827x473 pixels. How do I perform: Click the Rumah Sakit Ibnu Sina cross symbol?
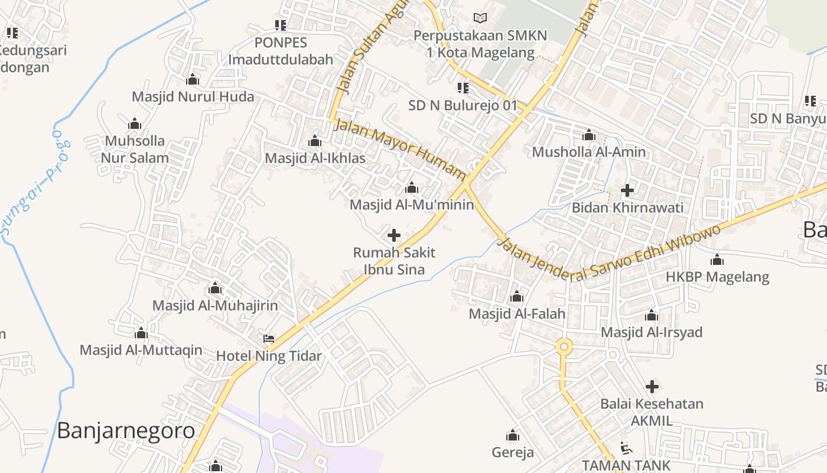pyautogui.click(x=394, y=235)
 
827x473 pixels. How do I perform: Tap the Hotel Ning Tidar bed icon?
pyautogui.click(x=269, y=339)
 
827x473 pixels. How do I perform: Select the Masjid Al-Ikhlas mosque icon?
pyautogui.click(x=315, y=141)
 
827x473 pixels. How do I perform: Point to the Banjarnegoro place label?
pyautogui.click(x=126, y=430)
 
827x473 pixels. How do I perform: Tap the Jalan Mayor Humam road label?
pyautogui.click(x=400, y=148)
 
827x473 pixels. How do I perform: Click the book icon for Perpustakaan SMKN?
pyautogui.click(x=480, y=18)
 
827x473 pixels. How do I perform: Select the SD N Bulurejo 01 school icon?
pyautogui.click(x=463, y=88)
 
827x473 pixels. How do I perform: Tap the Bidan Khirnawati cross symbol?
pyautogui.click(x=627, y=190)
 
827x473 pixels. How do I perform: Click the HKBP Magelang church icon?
pyautogui.click(x=717, y=260)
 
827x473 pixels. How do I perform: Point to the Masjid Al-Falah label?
pyautogui.click(x=517, y=313)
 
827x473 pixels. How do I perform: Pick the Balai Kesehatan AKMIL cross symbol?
pyautogui.click(x=652, y=387)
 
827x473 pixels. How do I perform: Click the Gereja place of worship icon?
pyautogui.click(x=513, y=436)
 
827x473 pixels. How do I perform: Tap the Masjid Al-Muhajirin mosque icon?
pyautogui.click(x=215, y=288)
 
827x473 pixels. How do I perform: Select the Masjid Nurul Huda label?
pyautogui.click(x=193, y=96)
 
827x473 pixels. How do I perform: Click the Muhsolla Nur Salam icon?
pyautogui.click(x=135, y=124)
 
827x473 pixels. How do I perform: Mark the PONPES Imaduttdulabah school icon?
pyautogui.click(x=281, y=25)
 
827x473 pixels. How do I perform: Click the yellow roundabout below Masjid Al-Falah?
pyautogui.click(x=564, y=346)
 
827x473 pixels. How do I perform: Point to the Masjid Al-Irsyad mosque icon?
pyautogui.click(x=652, y=315)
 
